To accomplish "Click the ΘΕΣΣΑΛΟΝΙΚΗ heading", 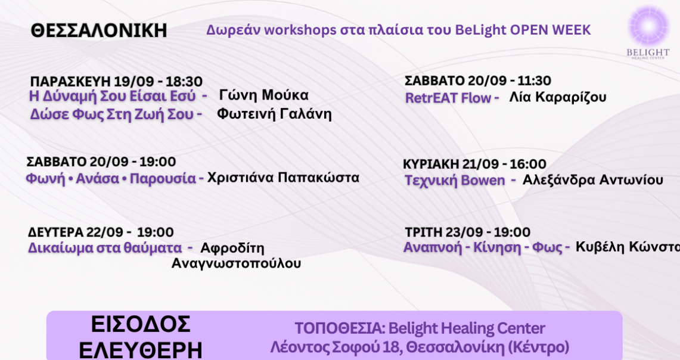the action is tap(99, 30).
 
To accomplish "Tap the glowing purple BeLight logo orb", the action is tap(649, 26).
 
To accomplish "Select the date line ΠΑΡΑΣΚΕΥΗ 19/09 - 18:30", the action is tap(116, 81).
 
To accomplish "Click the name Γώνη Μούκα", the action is tap(263, 95).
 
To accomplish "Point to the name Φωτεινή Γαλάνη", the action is tap(274, 114).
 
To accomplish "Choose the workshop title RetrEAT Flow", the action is tap(448, 98).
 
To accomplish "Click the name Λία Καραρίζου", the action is tap(558, 97).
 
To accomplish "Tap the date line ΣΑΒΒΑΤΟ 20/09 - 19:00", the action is tap(101, 162).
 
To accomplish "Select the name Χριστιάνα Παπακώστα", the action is tap(283, 178).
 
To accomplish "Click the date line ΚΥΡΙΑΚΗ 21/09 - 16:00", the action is tap(474, 164).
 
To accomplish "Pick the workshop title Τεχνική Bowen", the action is tap(455, 181).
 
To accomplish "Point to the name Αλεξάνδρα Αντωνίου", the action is tap(593, 179).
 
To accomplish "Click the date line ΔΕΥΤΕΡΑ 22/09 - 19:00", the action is tap(101, 232).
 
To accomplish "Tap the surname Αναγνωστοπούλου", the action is tap(237, 263).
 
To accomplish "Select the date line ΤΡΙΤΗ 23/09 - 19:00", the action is tap(467, 232).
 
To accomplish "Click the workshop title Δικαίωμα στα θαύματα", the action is tap(105, 248).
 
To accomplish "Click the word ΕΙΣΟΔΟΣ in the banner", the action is tap(141, 324).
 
